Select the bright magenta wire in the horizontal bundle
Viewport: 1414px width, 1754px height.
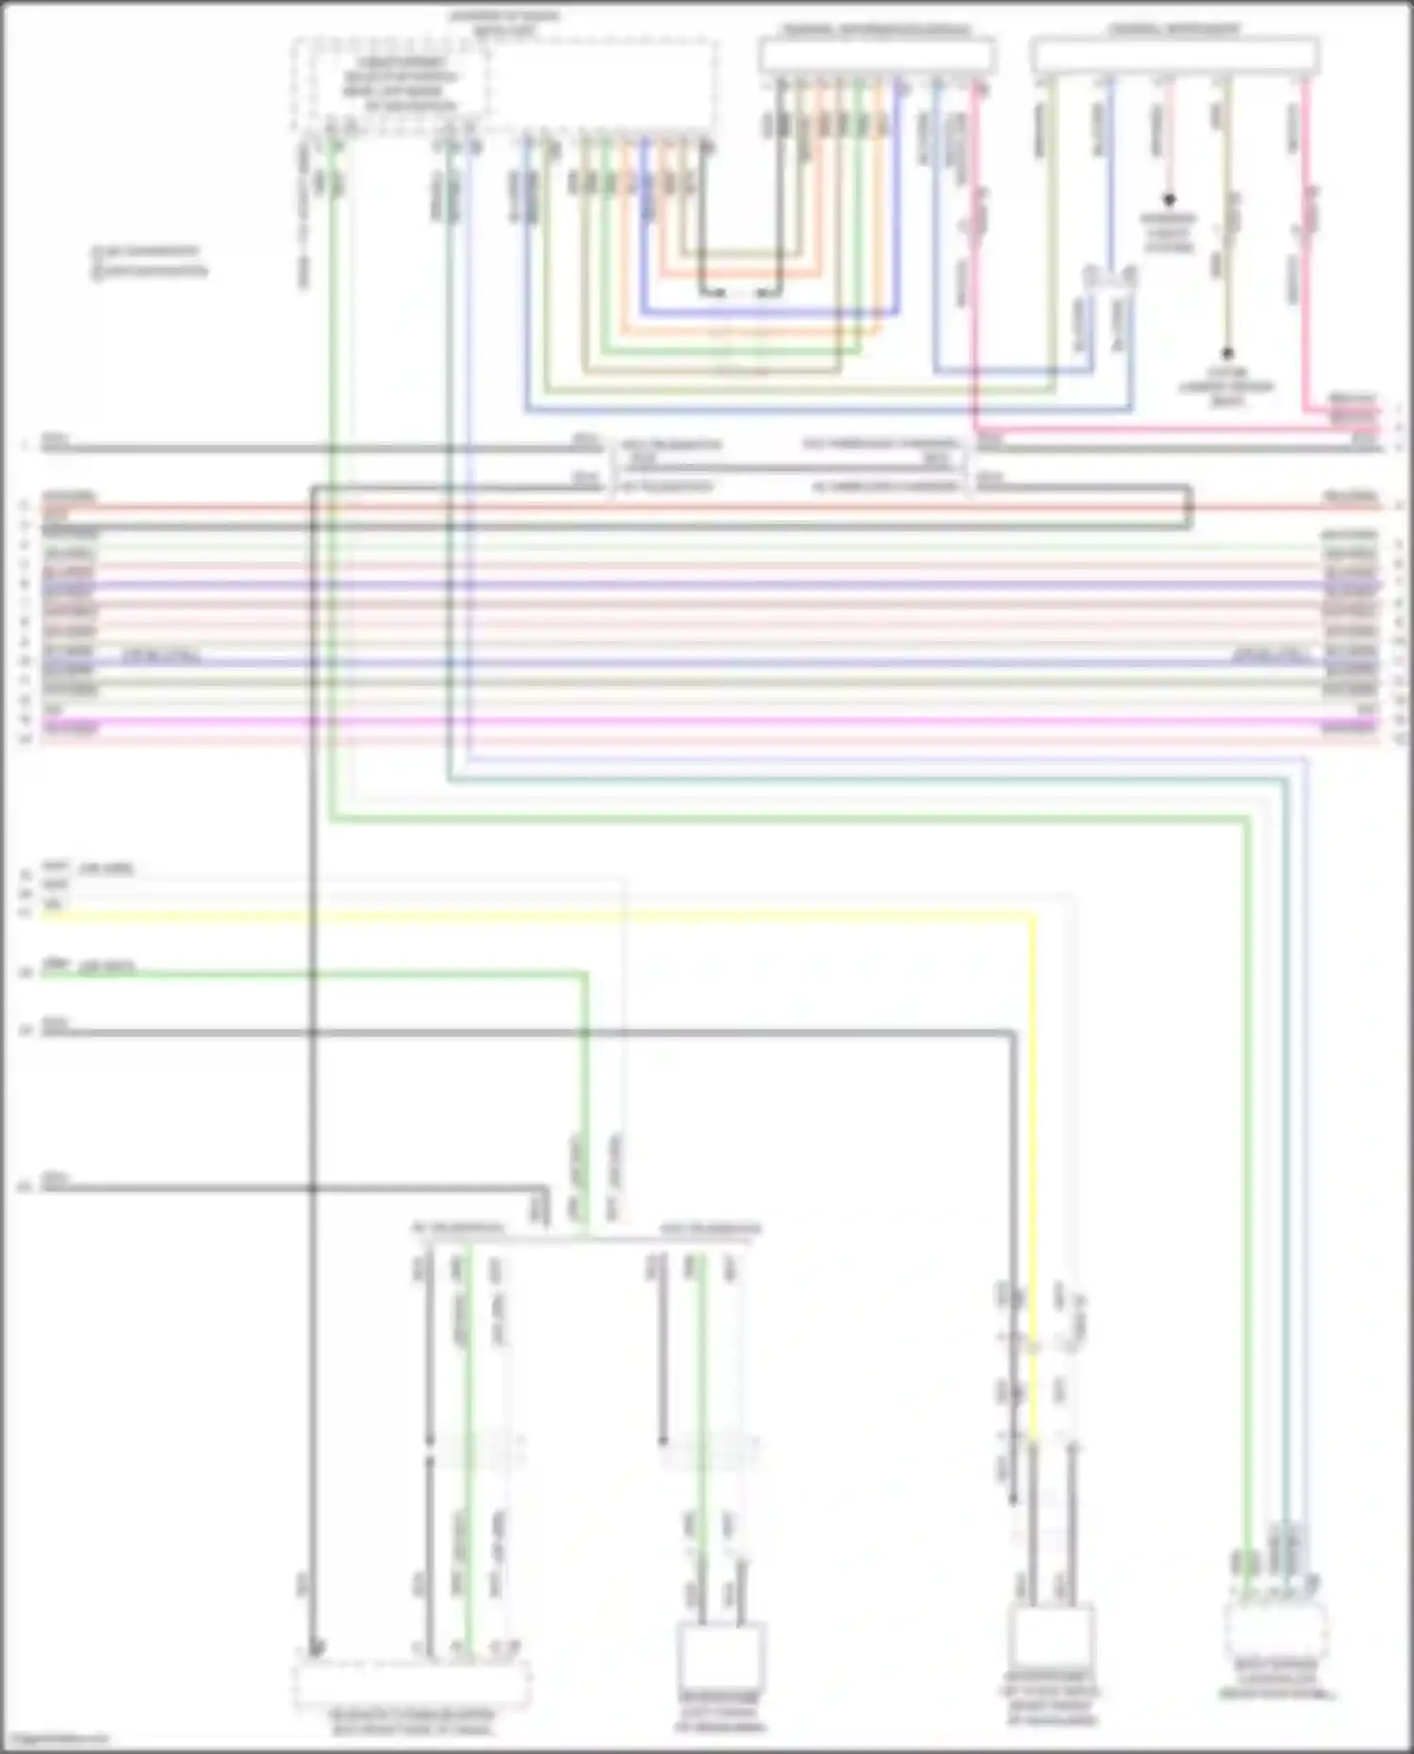pos(707,723)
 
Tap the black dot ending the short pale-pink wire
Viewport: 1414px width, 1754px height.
pos(1169,200)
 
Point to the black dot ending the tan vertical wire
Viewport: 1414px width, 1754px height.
pos(1227,354)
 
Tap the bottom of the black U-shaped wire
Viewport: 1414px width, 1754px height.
pos(741,293)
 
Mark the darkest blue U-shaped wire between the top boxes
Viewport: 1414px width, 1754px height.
pos(768,312)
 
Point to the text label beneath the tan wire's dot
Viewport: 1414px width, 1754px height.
pos(1226,386)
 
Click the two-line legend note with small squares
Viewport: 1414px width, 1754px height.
pos(151,261)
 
